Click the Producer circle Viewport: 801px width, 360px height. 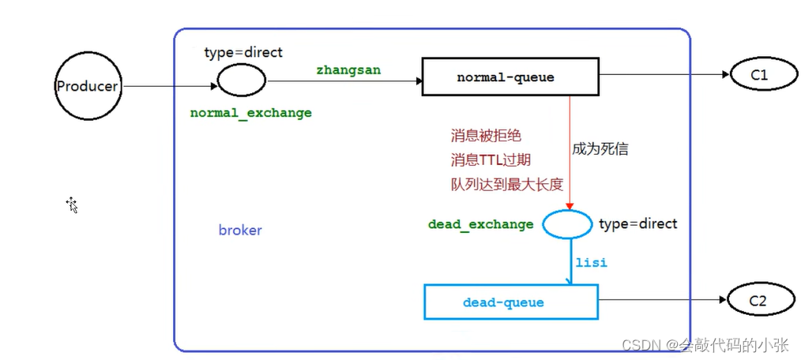86,86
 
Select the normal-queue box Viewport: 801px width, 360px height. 505,77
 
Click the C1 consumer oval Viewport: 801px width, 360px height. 759,75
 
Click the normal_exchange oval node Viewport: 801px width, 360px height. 242,79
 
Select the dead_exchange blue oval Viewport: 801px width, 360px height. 566,224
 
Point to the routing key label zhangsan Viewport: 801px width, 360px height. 348,70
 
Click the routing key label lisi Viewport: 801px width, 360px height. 591,262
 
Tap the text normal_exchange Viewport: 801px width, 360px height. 251,113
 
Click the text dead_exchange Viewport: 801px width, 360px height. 480,224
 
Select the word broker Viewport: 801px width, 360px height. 240,231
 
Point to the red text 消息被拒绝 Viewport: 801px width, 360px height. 486,136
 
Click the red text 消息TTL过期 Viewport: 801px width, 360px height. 491,160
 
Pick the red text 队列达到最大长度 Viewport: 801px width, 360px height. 506,185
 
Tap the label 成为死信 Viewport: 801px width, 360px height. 601,148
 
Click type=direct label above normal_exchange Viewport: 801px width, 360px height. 243,52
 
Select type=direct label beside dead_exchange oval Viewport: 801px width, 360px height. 637,224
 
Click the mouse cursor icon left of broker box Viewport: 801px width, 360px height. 72,205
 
